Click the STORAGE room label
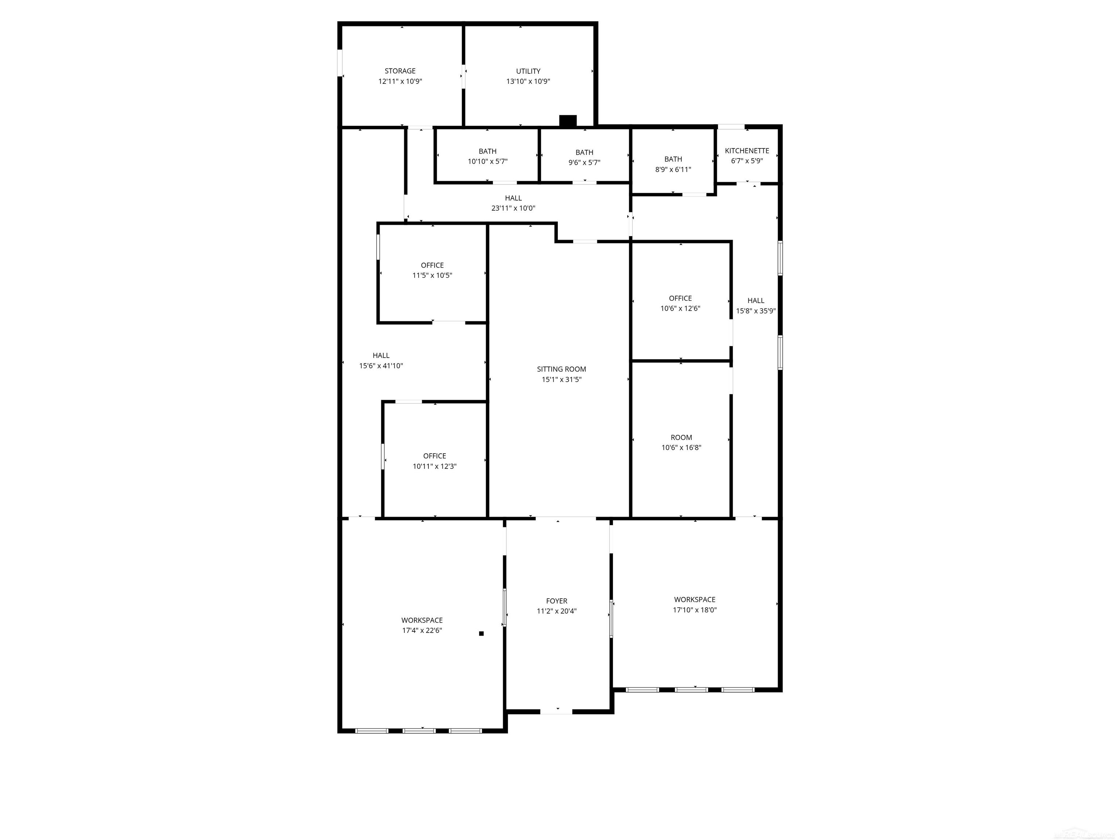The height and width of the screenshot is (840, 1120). point(400,71)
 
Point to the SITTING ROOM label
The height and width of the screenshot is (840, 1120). point(561,369)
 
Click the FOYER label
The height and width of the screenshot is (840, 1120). point(556,601)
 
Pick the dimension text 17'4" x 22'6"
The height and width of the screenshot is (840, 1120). point(422,630)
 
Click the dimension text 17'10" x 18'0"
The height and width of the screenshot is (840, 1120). point(695,610)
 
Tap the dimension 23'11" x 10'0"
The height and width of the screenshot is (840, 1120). point(513,208)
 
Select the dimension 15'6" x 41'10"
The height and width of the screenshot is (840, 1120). point(381,366)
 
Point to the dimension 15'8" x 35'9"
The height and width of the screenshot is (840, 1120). point(755,311)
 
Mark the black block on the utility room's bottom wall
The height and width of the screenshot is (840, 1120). point(568,121)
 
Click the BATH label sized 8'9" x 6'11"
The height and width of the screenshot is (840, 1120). point(673,159)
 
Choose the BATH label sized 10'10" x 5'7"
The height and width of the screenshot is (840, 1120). point(487,151)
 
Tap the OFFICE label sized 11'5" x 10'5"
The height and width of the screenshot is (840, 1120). point(432,265)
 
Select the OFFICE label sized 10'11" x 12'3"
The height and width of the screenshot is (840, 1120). point(435,456)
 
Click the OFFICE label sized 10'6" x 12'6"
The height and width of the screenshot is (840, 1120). point(680,298)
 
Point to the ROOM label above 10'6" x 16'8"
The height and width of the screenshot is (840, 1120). point(681,437)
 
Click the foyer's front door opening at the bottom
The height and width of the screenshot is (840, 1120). point(556,712)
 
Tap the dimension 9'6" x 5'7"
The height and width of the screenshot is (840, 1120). point(584,163)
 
